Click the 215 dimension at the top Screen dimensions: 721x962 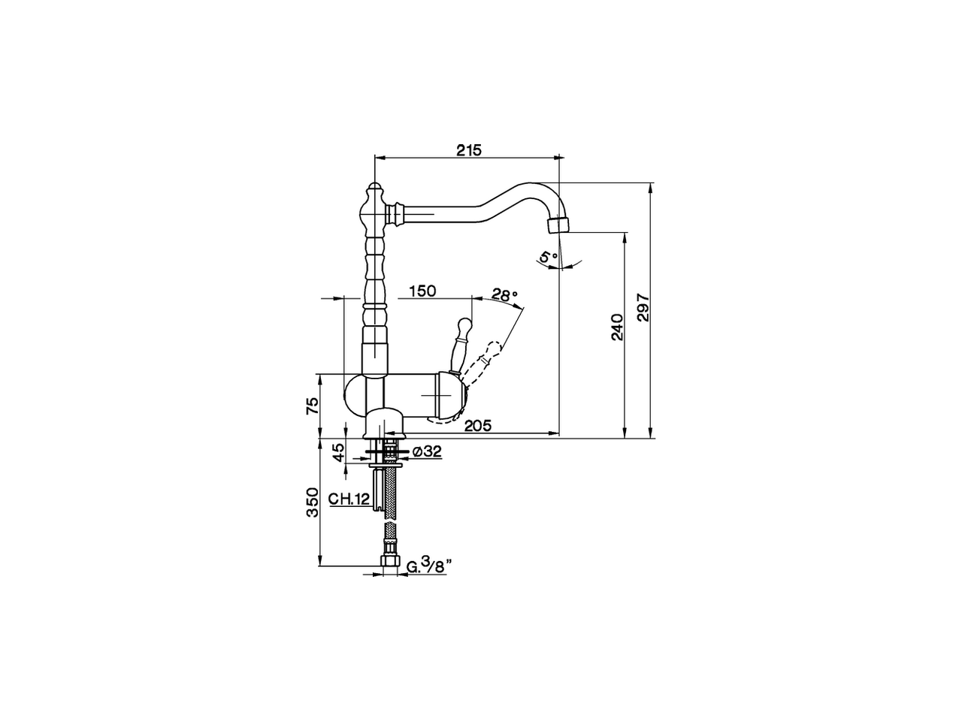click(469, 149)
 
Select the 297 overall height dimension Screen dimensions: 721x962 click(643, 307)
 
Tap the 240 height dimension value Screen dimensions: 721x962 click(616, 327)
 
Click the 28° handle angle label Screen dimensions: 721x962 click(505, 294)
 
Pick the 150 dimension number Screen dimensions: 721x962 click(423, 291)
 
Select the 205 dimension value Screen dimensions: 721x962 click(477, 426)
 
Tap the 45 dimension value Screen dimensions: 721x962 click(338, 452)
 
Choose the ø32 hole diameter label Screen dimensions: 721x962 click(426, 451)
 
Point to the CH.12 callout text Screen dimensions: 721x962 click(349, 499)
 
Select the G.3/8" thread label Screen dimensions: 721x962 click(426, 565)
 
